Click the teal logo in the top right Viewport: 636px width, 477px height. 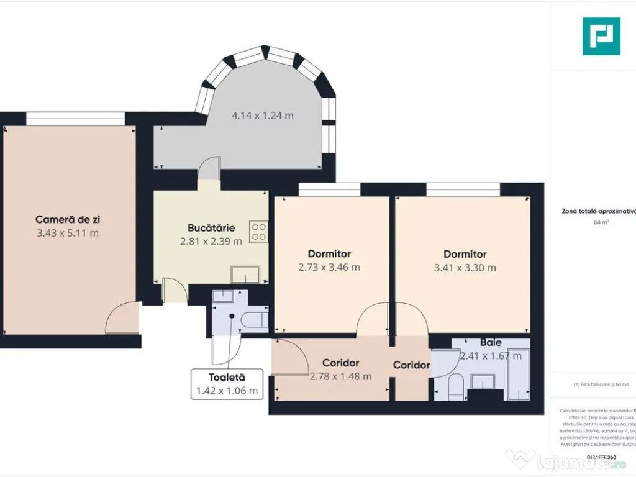[x=601, y=36]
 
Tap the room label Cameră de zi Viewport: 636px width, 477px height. [x=68, y=219]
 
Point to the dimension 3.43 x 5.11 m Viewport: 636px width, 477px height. [x=68, y=234]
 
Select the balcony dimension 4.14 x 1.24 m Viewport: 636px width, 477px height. [x=262, y=115]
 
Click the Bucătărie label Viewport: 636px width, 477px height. [x=211, y=227]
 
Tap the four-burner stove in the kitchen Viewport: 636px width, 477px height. [x=258, y=232]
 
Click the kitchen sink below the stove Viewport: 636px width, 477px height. [x=245, y=274]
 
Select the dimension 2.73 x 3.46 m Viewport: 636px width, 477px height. [x=329, y=268]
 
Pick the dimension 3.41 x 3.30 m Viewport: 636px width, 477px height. [x=465, y=268]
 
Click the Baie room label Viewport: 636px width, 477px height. [x=490, y=342]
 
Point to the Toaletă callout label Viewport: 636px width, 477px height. [x=227, y=377]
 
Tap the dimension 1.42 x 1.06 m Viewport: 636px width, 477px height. [x=227, y=391]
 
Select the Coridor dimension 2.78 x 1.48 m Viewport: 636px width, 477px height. [x=340, y=376]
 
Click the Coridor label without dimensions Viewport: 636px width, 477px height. [x=411, y=365]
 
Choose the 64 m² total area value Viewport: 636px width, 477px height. [x=601, y=222]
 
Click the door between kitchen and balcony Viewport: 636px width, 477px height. [x=210, y=168]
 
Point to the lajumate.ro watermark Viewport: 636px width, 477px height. [x=568, y=460]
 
